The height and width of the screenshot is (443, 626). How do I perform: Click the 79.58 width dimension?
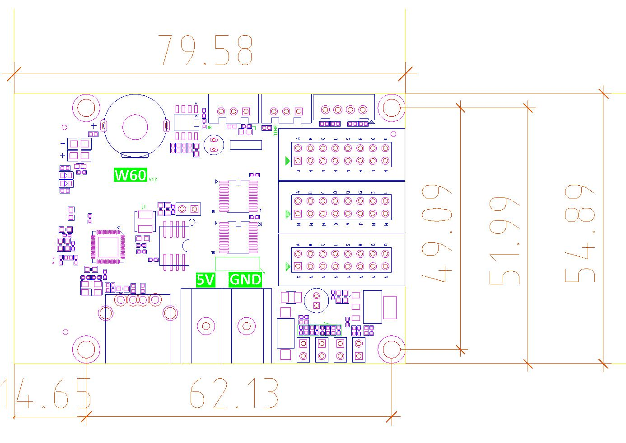click(206, 50)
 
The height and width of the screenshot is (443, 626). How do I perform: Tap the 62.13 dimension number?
click(234, 393)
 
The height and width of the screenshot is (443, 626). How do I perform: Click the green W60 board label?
click(131, 175)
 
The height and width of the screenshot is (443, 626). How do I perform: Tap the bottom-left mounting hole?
click(86, 349)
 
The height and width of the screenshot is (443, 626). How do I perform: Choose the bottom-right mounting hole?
click(391, 349)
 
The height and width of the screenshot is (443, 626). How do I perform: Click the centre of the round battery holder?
click(135, 126)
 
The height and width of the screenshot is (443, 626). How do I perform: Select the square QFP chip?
click(107, 246)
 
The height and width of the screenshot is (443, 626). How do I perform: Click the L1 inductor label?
click(144, 207)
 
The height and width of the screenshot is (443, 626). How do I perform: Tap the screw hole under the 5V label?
click(206, 325)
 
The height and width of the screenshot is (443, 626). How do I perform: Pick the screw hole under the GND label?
click(247, 325)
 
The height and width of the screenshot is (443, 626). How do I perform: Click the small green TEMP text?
click(276, 131)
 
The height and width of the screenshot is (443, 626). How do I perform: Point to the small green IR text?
click(210, 127)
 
